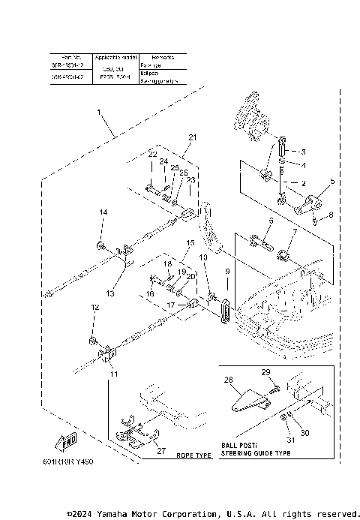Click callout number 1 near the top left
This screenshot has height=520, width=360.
[x=98, y=112]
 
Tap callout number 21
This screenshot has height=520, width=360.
[x=192, y=138]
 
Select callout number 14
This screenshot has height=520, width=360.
[x=104, y=213]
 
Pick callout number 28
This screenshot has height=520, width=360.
[x=229, y=380]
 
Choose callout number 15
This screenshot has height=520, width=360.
[x=190, y=243]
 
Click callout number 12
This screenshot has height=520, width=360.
[x=94, y=307]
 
